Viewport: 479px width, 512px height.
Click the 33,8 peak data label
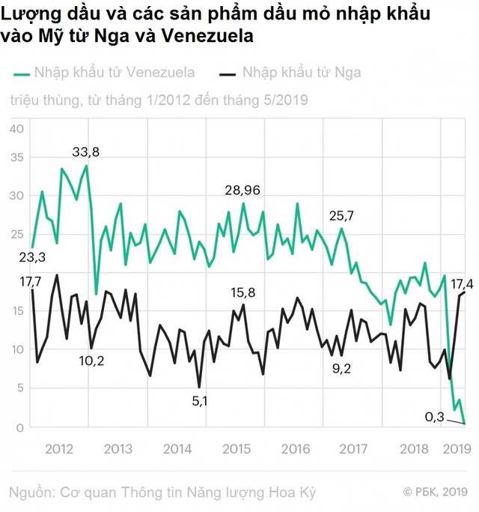tap(85, 152)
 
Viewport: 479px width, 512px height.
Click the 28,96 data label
tap(242, 190)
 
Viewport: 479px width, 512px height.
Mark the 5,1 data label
tap(200, 400)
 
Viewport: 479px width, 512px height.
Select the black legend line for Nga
tap(228, 73)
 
